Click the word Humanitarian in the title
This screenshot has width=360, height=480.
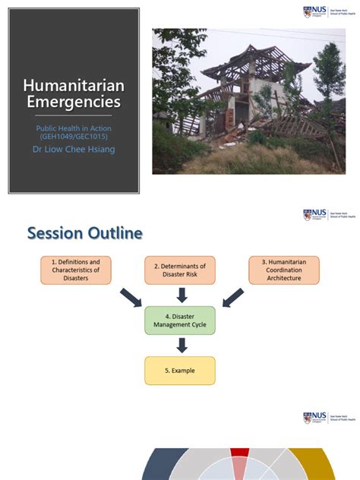pyautogui.click(x=74, y=86)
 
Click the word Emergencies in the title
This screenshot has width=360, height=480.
pyautogui.click(x=74, y=102)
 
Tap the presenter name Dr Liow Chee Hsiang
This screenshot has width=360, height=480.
pyautogui.click(x=74, y=150)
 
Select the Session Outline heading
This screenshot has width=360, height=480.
pyautogui.click(x=84, y=233)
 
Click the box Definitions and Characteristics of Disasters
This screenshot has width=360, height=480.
pyautogui.click(x=75, y=270)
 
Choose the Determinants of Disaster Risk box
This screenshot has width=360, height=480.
pyautogui.click(x=180, y=270)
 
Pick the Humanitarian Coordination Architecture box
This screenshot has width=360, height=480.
pyautogui.click(x=284, y=270)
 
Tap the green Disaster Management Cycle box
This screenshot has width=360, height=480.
pyautogui.click(x=180, y=321)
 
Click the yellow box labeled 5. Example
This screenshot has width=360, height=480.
pyautogui.click(x=180, y=370)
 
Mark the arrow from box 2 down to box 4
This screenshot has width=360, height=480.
pyautogui.click(x=181, y=295)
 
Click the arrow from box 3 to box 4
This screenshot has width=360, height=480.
pyautogui.click(x=232, y=297)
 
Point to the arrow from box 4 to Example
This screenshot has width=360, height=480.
pyautogui.click(x=181, y=345)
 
